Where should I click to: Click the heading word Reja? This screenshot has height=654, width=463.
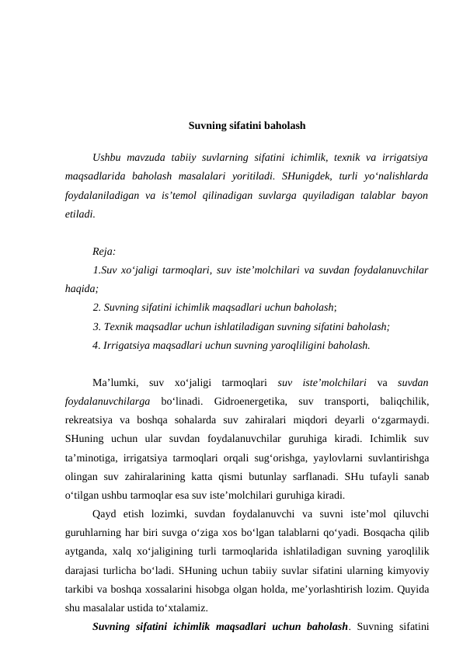pos(104,251)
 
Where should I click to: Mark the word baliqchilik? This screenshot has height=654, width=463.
pos(401,401)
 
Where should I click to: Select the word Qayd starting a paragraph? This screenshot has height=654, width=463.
pos(106,513)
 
